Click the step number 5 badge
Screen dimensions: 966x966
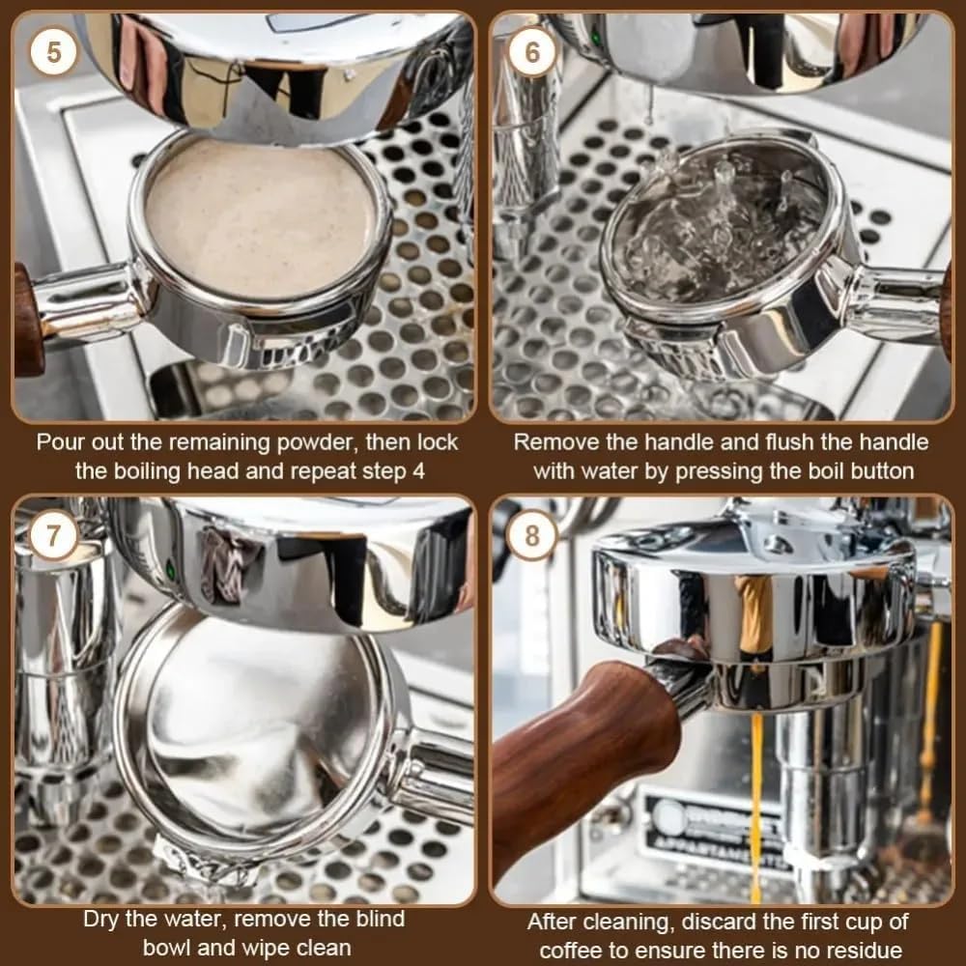coord(52,51)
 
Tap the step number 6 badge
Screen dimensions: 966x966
coord(532,51)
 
